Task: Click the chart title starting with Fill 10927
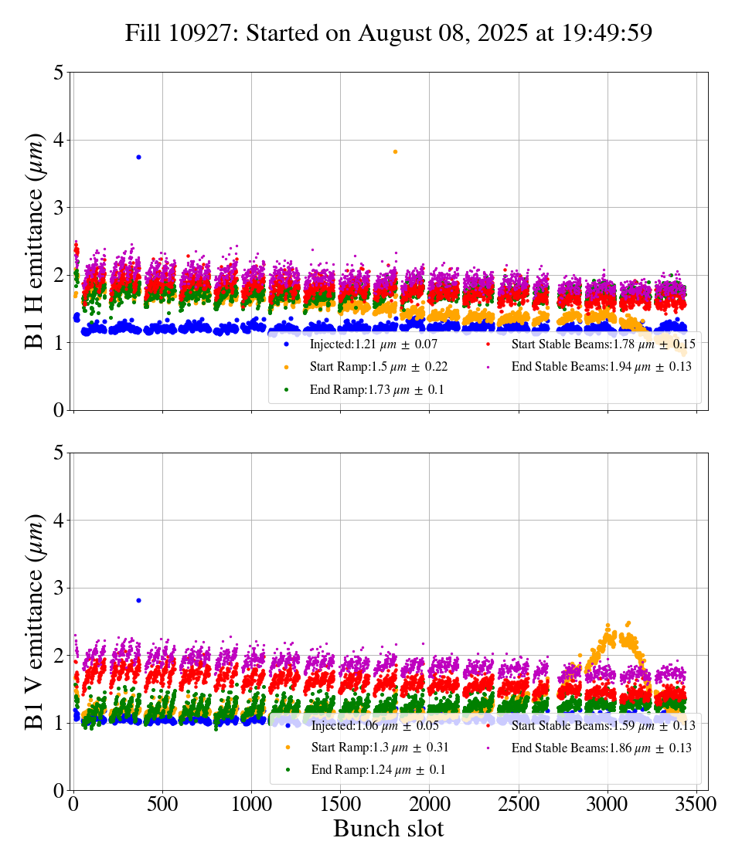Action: tap(389, 33)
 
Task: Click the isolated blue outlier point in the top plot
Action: tap(138, 157)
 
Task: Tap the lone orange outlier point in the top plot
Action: tap(395, 151)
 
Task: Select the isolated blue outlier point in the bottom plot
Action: tap(138, 600)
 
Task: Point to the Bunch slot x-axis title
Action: tap(389, 829)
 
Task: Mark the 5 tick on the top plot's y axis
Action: tap(59, 73)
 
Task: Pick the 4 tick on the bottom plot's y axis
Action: tap(59, 521)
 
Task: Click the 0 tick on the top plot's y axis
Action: tap(59, 410)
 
